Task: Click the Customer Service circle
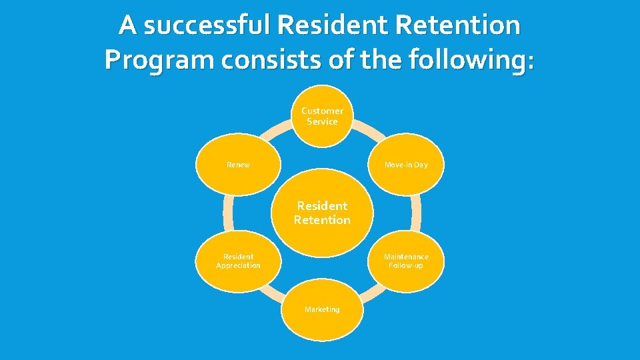pos(322,116)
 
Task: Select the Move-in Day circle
pos(406,165)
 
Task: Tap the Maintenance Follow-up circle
pos(406,261)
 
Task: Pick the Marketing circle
pos(322,309)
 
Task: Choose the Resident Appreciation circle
pos(238,261)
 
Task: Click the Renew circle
pos(238,165)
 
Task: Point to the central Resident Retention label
pos(322,213)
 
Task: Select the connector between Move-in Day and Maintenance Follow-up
pos(416,213)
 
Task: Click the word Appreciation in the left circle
pos(238,265)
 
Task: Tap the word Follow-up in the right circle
pos(406,265)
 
